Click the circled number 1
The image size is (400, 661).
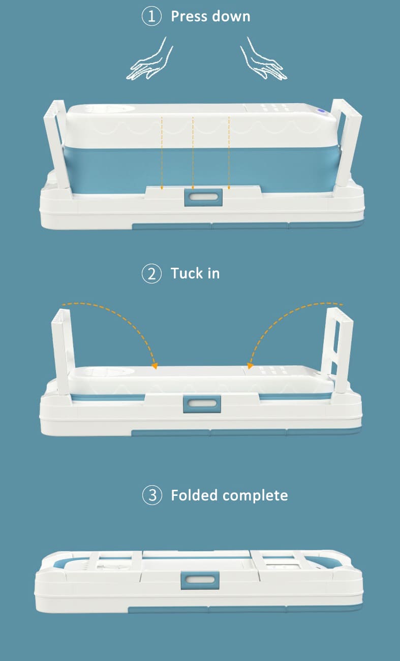point(151,16)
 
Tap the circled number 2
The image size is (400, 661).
point(151,273)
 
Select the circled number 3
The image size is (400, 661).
point(152,495)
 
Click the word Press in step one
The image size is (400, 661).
point(189,16)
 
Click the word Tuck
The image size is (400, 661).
point(187,273)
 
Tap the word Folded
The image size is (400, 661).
point(194,495)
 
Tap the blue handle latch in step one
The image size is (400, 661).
point(203,197)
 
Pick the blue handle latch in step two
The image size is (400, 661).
point(202,404)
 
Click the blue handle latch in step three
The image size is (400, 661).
point(200,580)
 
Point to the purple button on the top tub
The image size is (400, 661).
point(321,112)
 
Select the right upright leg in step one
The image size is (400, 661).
point(346,145)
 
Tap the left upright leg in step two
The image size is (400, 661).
point(63,353)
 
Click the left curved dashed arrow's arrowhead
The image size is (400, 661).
point(155,366)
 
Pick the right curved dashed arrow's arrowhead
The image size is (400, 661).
point(250,366)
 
